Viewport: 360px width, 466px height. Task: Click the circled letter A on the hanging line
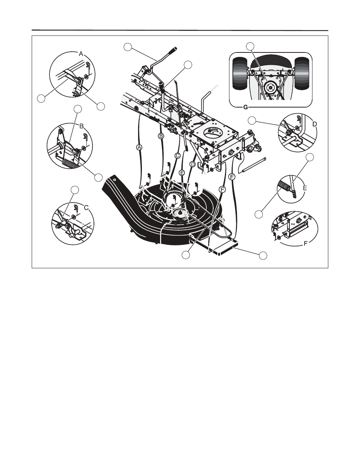[x=139, y=148]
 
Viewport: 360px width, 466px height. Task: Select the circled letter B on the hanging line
[x=161, y=135]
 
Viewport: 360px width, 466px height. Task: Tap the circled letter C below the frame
[x=178, y=155]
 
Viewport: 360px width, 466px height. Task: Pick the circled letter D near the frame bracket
[x=193, y=164]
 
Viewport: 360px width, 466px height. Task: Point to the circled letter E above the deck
[x=182, y=172]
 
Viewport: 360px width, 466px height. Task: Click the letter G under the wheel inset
[x=245, y=108]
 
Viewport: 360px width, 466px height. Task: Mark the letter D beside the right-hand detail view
[x=314, y=124]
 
